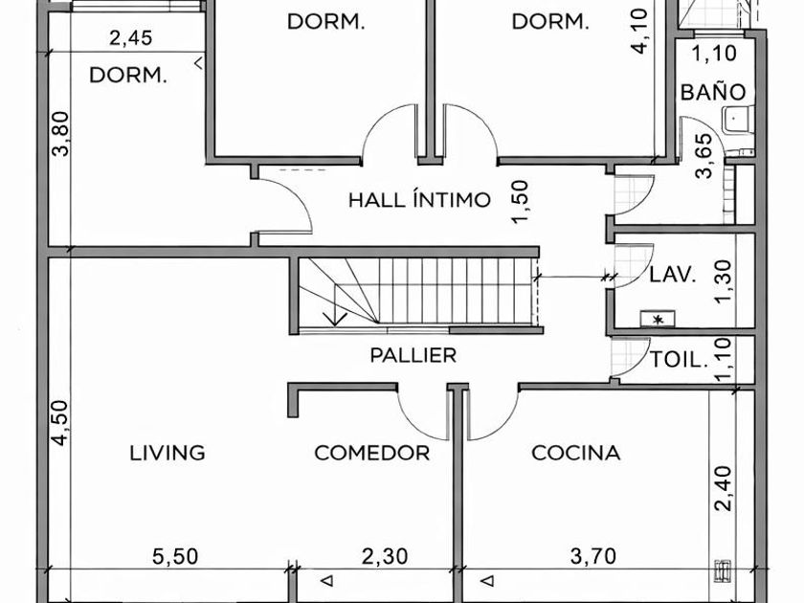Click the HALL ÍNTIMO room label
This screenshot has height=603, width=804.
click(419, 199)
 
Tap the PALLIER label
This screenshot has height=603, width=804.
click(413, 355)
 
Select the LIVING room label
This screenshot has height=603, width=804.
click(167, 453)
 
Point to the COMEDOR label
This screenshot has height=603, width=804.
click(371, 453)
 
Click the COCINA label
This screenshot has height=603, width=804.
click(576, 453)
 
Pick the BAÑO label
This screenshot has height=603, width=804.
click(713, 92)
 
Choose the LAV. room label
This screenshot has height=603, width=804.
click(673, 275)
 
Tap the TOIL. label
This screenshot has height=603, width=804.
click(679, 360)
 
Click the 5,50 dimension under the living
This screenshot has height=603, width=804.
click(175, 557)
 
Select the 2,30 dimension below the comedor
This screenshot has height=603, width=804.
click(385, 557)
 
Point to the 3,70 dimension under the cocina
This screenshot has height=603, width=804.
click(593, 557)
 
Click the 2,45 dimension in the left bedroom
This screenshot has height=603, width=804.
click(131, 38)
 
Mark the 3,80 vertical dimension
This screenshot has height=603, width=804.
click(60, 134)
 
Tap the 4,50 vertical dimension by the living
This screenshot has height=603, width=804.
click(59, 423)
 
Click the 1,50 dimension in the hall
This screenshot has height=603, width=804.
click(520, 202)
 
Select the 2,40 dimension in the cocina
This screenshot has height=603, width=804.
click(723, 489)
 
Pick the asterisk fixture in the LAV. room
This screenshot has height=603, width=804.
click(658, 320)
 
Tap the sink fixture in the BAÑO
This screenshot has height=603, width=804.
click(737, 121)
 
